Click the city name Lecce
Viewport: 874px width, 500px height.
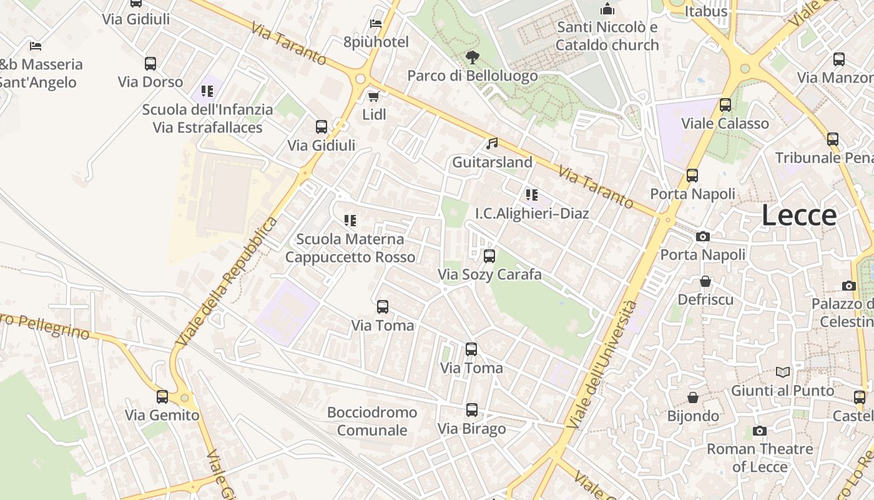coord(799,216)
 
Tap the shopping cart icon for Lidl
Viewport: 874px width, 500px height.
coord(373,96)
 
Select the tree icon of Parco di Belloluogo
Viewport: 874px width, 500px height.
coord(473,57)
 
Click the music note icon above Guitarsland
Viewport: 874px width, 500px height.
coord(492,144)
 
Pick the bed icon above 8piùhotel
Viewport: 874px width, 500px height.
coord(376,24)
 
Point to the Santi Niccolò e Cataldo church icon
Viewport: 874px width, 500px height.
coord(607,9)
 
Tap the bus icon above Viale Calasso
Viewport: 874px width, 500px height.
coord(725,105)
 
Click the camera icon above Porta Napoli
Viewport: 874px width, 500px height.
coord(703,236)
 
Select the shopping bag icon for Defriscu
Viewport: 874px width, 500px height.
coord(705,281)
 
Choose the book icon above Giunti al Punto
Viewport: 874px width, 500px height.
coord(782,372)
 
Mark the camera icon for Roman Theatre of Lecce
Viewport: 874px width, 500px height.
coord(760,431)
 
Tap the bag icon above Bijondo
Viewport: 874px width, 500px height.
coord(693,397)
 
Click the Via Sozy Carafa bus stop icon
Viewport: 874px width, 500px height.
coord(489,256)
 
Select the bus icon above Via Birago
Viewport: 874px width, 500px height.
coord(472,411)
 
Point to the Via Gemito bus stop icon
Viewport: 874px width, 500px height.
coord(162,397)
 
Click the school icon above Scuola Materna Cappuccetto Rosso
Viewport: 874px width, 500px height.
coord(350,221)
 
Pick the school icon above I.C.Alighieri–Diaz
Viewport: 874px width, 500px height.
coord(531,195)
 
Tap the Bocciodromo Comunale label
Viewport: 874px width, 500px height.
coord(372,421)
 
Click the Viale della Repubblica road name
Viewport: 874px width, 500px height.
coord(227,282)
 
